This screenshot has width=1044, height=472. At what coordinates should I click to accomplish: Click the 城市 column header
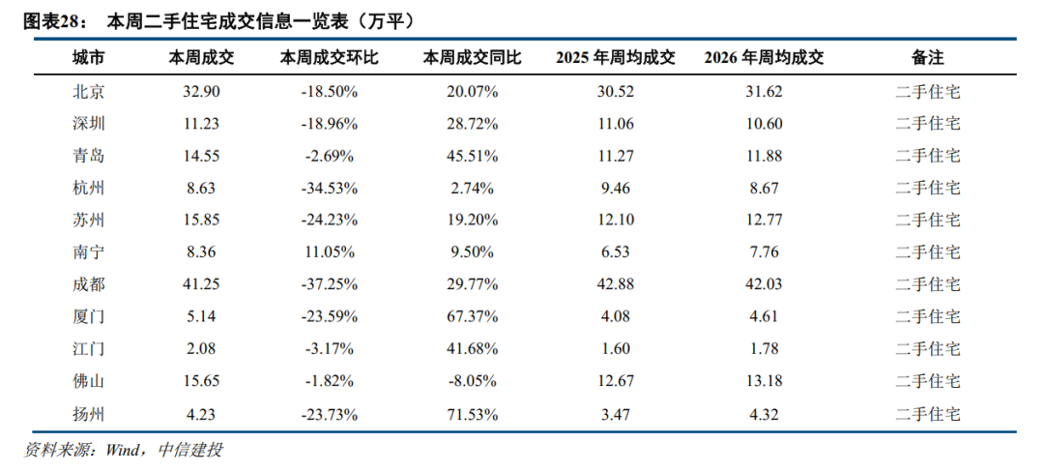(x=89, y=58)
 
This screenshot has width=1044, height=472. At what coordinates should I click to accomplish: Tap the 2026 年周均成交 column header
(x=763, y=58)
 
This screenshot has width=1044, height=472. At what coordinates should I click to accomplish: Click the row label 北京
(x=89, y=92)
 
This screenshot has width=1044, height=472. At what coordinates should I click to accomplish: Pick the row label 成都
(x=89, y=284)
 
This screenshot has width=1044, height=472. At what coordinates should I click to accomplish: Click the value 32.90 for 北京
(x=201, y=92)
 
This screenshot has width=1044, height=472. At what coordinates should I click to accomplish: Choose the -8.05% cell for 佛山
(x=472, y=382)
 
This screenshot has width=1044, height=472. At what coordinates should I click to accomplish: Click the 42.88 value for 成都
(x=616, y=284)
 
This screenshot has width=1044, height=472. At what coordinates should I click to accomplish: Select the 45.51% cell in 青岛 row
(x=472, y=156)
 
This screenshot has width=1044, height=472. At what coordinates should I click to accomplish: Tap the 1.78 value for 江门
(x=764, y=348)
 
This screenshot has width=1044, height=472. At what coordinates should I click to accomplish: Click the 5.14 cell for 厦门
(x=201, y=316)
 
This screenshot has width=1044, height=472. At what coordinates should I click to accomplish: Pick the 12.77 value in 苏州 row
(x=764, y=220)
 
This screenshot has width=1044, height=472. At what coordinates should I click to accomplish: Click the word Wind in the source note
(x=121, y=451)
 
